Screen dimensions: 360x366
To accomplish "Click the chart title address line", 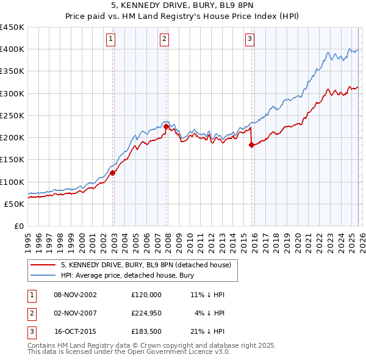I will click(183, 6).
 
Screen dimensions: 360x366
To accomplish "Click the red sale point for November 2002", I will click(113, 173).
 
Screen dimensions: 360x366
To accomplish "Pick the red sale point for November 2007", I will click(167, 127).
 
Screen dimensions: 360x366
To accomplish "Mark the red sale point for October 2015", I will click(251, 145).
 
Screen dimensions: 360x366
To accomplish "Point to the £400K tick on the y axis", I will click(12, 49).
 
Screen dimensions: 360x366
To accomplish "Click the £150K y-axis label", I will click(12, 160).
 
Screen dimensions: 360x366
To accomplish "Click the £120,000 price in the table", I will click(146, 295).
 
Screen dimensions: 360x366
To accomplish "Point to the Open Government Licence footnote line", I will click(129, 352).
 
